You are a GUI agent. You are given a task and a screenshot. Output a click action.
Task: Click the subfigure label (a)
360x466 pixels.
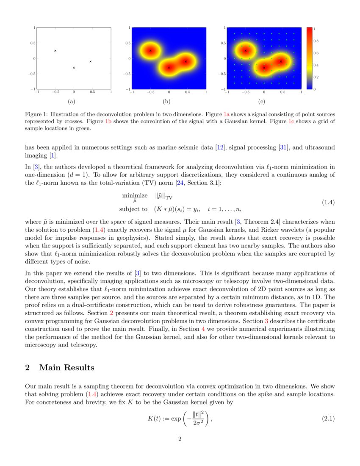71,102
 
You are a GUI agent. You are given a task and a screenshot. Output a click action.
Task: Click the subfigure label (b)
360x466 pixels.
166,102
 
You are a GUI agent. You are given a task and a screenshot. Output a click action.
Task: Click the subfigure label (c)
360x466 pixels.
262,102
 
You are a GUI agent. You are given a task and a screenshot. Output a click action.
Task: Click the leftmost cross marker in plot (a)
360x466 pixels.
55,50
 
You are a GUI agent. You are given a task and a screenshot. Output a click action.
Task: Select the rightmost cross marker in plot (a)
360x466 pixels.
91,61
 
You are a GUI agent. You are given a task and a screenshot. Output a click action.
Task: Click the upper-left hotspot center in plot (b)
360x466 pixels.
150,50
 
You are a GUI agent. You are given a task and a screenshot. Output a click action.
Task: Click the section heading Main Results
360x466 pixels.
66,367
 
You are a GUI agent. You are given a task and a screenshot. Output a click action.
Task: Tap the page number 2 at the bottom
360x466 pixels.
180,439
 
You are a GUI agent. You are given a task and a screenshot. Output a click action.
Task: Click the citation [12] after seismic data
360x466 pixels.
220,147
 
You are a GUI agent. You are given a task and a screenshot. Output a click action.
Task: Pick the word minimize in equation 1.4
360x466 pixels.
135,196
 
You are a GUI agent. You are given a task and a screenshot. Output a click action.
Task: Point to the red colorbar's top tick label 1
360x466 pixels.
315,29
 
